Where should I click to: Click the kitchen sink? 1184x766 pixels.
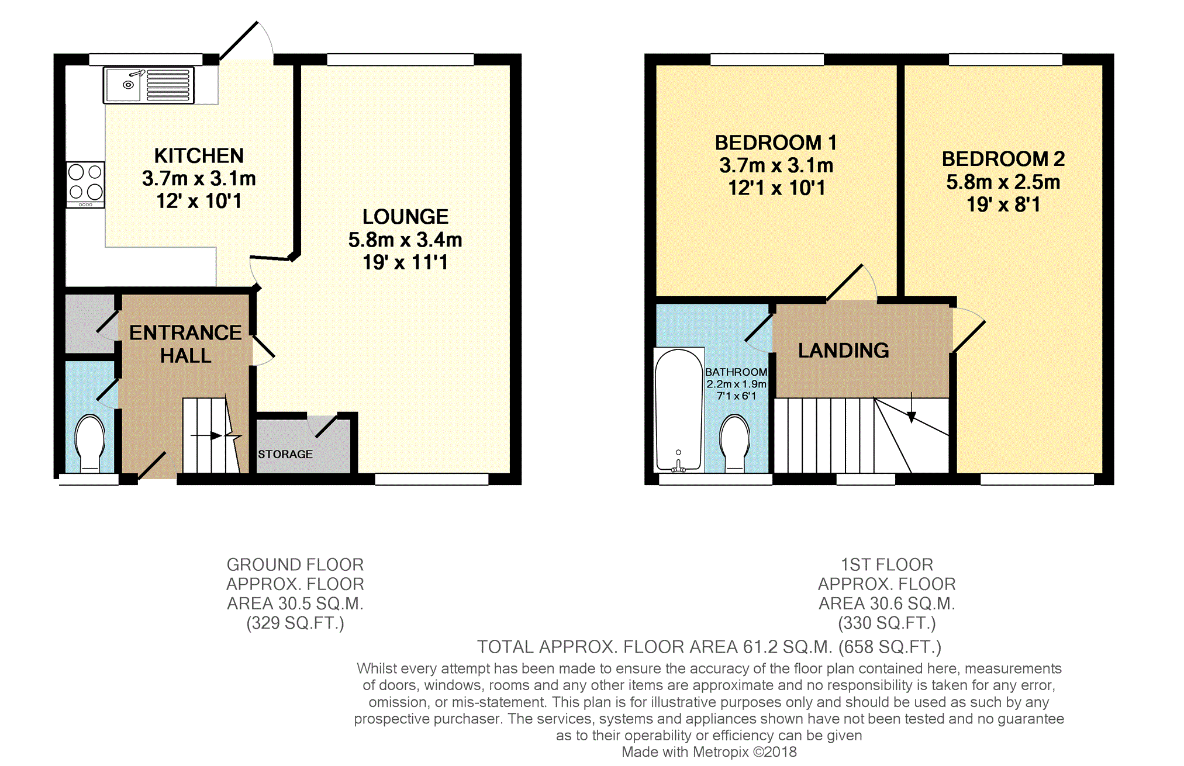click(149, 85)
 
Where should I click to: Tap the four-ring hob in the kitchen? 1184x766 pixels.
click(85, 185)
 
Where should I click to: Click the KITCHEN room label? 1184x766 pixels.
click(199, 155)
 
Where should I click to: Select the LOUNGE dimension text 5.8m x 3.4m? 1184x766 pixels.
click(405, 240)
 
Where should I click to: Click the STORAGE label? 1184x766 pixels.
click(285, 454)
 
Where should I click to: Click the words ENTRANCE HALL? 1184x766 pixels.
click(185, 344)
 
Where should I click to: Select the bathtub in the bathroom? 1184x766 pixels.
click(678, 410)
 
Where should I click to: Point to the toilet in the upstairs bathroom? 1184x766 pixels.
click(735, 443)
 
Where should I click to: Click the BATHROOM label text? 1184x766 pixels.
click(736, 372)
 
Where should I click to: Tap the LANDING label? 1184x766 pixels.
click(844, 350)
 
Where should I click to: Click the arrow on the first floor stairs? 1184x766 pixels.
click(912, 407)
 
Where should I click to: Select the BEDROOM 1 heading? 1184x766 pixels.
click(776, 143)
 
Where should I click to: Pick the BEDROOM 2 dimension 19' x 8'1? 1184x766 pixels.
click(1003, 205)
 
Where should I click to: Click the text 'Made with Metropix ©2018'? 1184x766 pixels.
click(709, 752)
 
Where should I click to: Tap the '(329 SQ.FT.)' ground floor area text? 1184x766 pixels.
click(295, 623)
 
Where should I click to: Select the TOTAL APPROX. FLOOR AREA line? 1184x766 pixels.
click(709, 647)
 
